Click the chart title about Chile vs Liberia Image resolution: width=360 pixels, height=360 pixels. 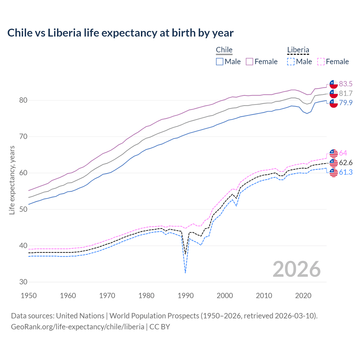coord(120,33)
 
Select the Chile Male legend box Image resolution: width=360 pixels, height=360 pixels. coord(220,62)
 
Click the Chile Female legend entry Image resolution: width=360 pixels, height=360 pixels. coord(262,62)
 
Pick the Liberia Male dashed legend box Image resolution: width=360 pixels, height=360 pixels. coord(291,62)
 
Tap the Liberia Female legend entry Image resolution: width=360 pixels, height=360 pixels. coord(333,62)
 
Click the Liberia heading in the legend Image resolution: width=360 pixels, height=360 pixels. coord(298,50)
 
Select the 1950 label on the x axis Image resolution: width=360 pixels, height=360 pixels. coord(29,296)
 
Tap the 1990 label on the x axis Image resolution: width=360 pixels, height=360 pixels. coord(186,296)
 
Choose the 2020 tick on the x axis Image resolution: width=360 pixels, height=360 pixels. coord(303,296)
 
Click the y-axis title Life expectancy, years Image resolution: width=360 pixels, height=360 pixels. coord(12,180)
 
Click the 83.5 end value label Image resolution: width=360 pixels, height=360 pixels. coord(346,84)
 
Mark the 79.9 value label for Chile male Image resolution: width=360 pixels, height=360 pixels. coord(346,103)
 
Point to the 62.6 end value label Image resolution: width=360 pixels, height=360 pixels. coord(346,163)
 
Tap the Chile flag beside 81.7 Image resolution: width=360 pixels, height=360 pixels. coord(334,94)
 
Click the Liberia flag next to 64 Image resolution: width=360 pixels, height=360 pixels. coord(334,153)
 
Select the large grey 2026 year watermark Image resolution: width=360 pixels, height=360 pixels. coord(297,269)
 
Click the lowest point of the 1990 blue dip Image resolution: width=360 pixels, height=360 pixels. coord(185,273)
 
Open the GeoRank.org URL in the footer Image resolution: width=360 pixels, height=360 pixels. coord(77,327)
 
